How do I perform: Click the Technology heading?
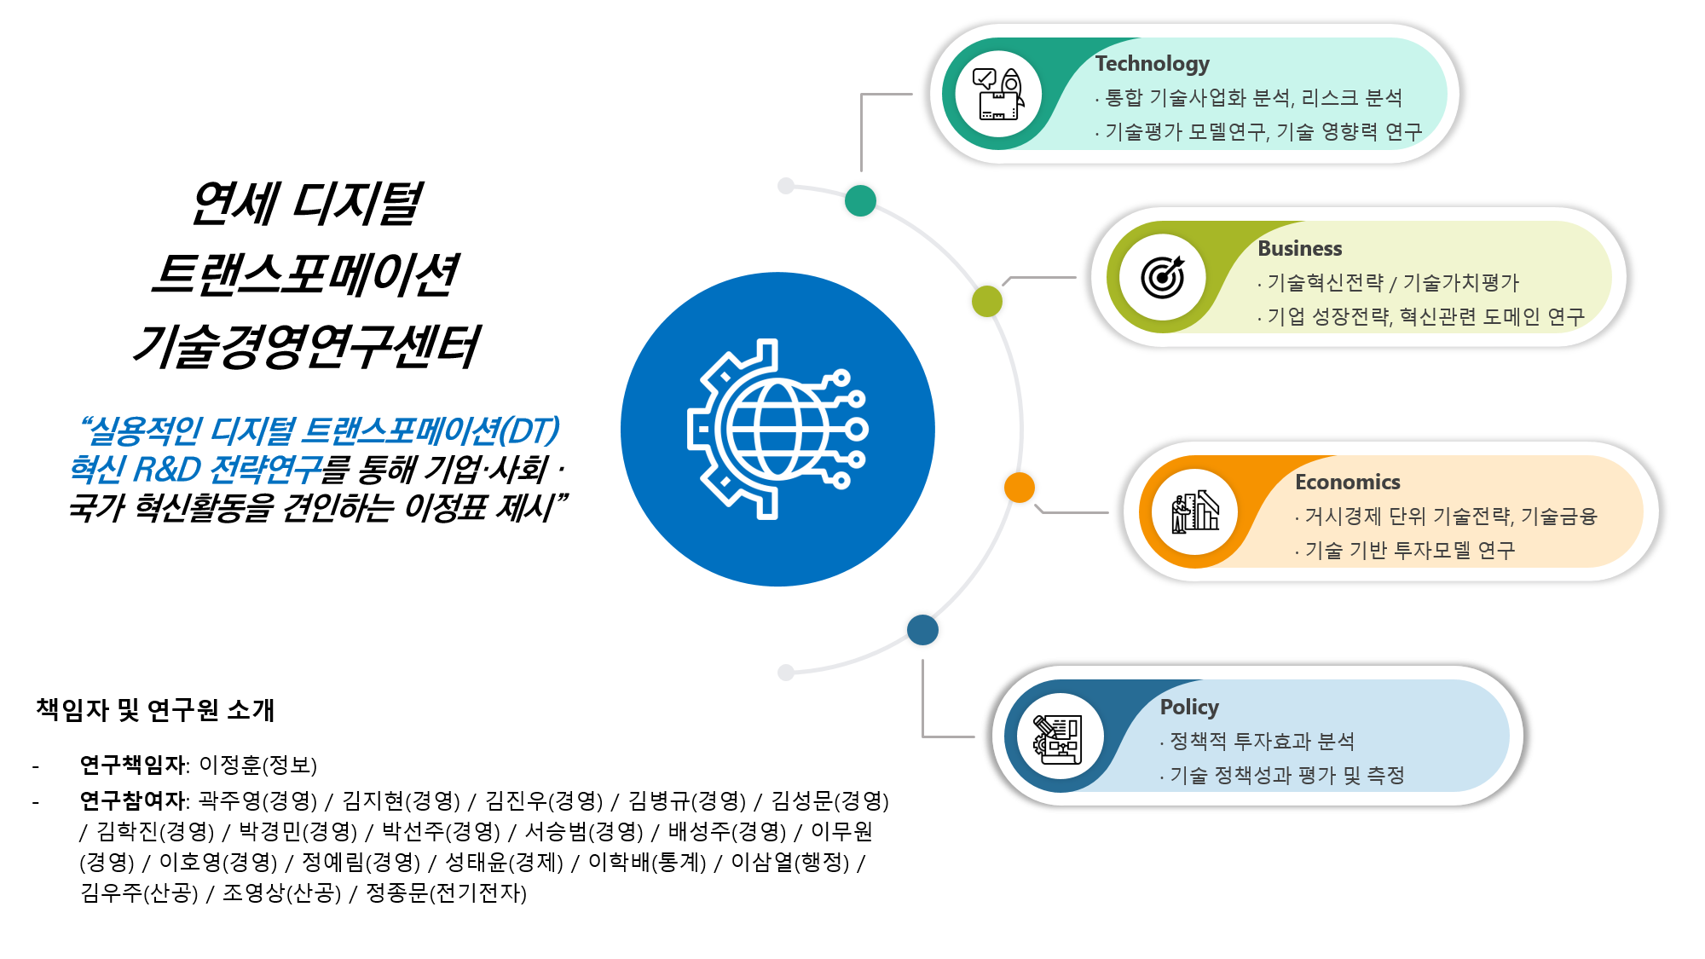pos(1152,64)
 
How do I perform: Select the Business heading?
pos(1300,249)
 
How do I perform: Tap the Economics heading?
pos(1348,482)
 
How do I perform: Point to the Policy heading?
pos(1189,708)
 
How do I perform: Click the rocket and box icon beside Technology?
pos(998,94)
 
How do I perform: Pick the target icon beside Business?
pos(1163,277)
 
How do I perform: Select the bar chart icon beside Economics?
pos(1195,512)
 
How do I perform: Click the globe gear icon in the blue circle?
pos(777,429)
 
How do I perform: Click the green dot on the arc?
pos(860,201)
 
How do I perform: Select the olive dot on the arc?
pos(987,301)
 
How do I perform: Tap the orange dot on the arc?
pos(1020,488)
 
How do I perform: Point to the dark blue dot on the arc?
pos(922,630)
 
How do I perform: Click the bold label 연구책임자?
pos(132,765)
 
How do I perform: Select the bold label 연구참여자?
pos(132,800)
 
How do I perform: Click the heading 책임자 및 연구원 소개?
pos(155,709)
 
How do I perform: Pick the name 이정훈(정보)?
pos(257,765)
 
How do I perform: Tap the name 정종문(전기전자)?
pos(446,893)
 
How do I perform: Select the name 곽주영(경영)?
pos(257,800)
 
